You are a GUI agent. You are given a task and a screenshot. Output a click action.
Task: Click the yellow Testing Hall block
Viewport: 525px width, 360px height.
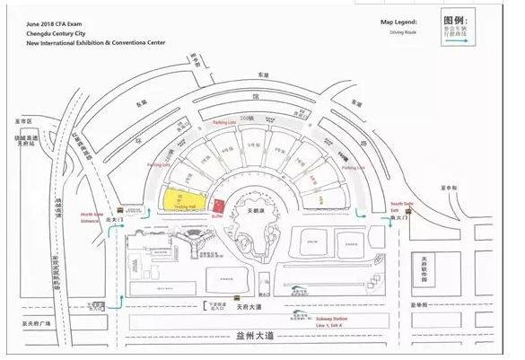182,198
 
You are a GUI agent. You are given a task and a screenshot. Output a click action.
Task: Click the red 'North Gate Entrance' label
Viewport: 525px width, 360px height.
92,215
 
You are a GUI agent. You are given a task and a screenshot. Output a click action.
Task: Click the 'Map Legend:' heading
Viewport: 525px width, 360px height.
399,20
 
